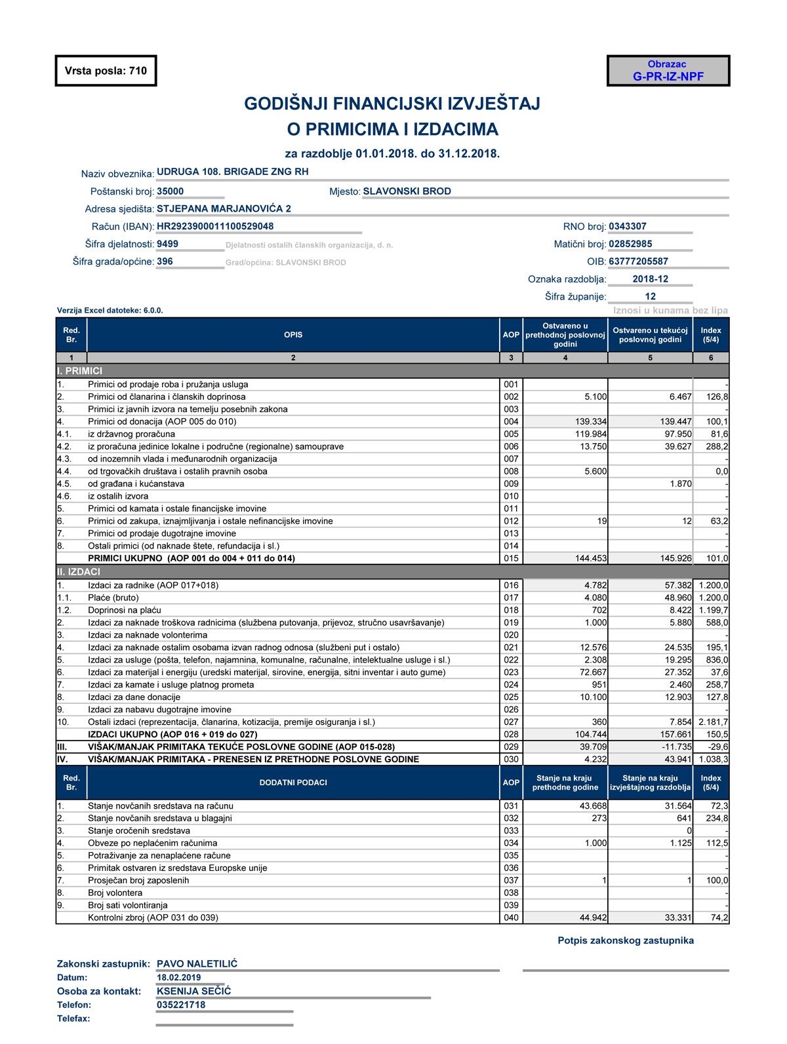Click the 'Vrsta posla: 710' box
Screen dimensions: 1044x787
pos(106,71)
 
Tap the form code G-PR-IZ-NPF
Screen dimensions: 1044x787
pos(668,77)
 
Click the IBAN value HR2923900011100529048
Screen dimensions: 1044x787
pos(215,226)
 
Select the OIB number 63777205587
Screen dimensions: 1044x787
pos(638,261)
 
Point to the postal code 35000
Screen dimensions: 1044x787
pos(171,191)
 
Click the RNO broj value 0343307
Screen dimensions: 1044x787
pos(628,226)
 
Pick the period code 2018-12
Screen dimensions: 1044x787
pos(650,279)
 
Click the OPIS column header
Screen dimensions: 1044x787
pos(293,335)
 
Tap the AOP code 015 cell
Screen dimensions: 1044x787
pos(511,558)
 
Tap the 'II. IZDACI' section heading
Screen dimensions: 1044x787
pos(79,572)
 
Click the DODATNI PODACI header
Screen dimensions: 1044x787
pos(293,783)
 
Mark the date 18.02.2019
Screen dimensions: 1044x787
pos(179,977)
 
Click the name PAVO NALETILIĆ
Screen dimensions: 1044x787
pos(197,964)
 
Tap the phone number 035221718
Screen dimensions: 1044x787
pos(181,1005)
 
